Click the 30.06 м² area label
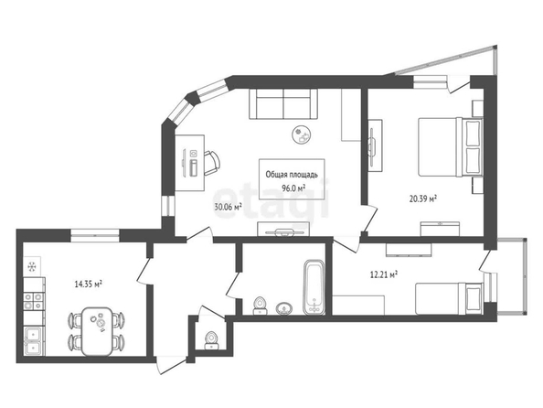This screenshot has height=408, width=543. click(228, 207)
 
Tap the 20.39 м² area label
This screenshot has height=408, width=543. click(423, 199)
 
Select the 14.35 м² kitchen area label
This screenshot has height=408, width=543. click(89, 285)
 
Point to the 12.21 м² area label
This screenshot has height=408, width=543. click(384, 274)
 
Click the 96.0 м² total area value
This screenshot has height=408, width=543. click(293, 188)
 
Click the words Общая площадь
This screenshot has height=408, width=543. click(292, 175)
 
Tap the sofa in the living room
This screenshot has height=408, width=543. click(283, 104)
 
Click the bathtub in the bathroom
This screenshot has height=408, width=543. click(314, 287)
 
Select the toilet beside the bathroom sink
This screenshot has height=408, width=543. click(260, 306)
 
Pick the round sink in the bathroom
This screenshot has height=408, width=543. click(284, 308)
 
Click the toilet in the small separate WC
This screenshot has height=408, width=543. click(211, 340)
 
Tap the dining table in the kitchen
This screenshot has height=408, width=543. click(97, 331)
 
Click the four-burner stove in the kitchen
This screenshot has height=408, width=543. click(34, 301)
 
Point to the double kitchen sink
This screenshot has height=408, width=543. click(34, 340)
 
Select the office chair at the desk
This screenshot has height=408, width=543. click(211, 163)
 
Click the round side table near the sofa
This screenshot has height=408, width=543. click(301, 134)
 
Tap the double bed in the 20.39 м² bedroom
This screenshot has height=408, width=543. click(450, 147)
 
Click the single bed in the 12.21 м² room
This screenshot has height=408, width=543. click(449, 299)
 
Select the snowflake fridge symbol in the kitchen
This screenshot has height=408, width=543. click(32, 266)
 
